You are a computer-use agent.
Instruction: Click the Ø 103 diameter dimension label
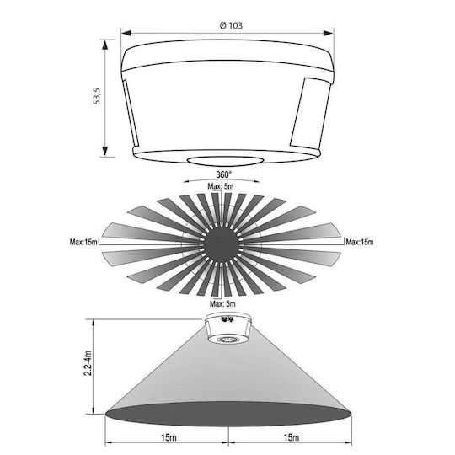231,25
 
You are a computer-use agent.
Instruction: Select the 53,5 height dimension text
96,96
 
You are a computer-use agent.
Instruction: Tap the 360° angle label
224,174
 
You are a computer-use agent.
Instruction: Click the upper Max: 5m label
221,186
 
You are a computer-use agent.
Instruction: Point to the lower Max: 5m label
222,304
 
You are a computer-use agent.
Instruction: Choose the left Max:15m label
83,242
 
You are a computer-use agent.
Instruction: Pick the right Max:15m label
360,242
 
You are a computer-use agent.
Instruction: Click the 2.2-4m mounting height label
88,363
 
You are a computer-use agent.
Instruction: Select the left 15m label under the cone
169,437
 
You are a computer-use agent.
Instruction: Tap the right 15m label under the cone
292,437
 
